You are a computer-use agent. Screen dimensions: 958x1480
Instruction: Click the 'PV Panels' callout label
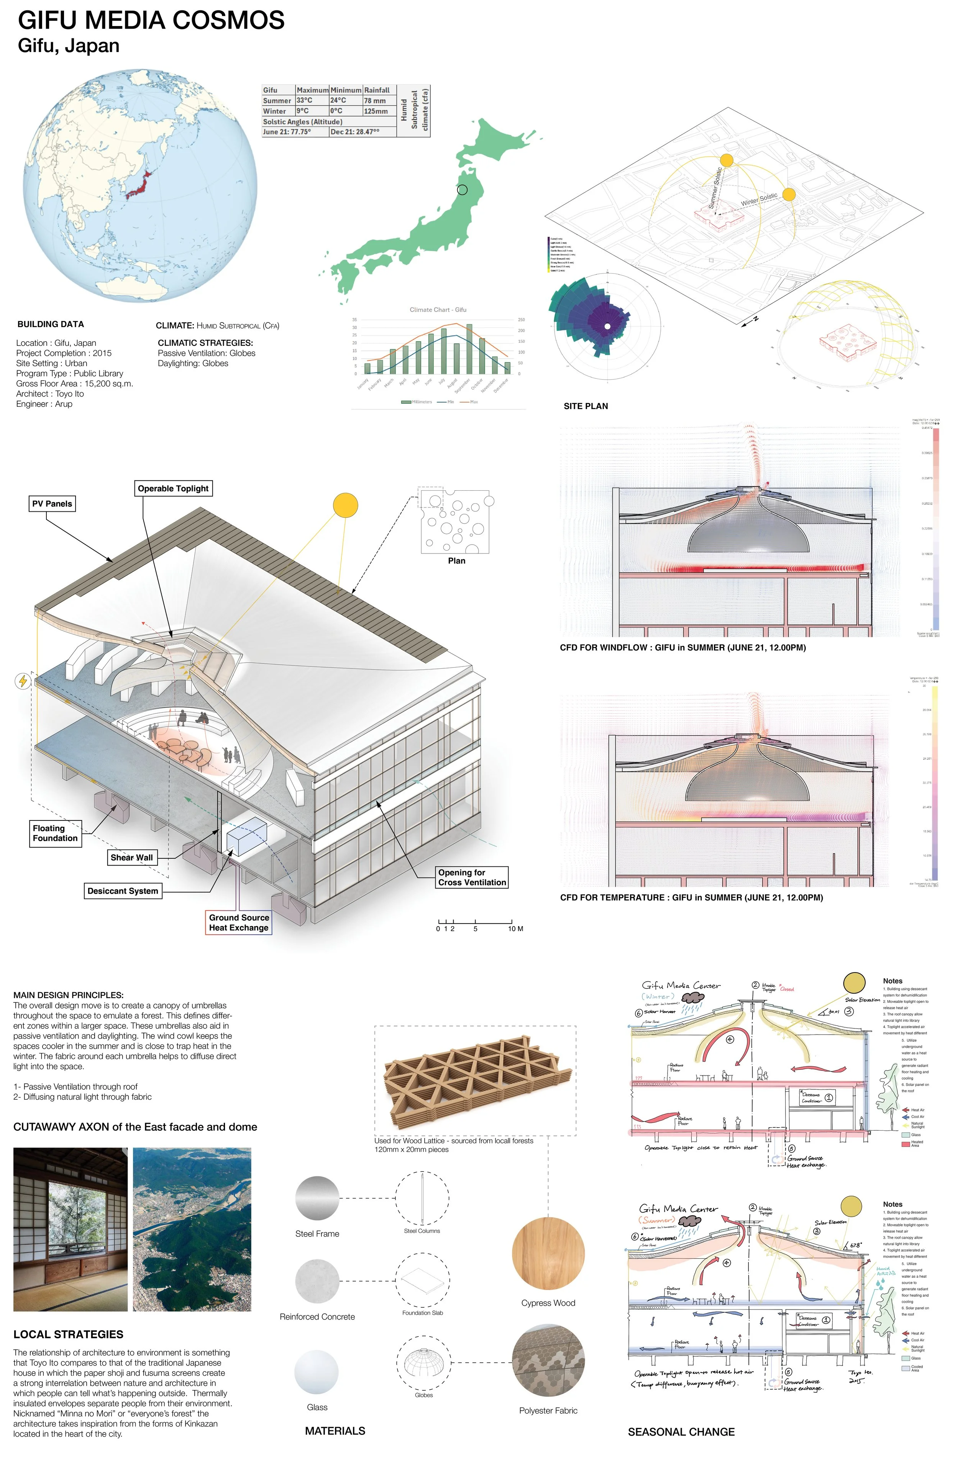(x=52, y=504)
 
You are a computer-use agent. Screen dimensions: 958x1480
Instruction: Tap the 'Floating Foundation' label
(x=55, y=833)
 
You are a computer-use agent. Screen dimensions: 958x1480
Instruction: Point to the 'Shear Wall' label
(x=131, y=858)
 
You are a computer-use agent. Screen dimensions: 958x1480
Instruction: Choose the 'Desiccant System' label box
(x=123, y=891)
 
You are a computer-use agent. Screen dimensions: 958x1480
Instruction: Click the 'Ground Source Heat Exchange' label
(x=239, y=923)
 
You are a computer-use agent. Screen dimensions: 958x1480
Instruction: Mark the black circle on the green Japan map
(x=462, y=190)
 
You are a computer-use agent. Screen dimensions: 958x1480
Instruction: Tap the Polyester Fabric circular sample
(x=548, y=1360)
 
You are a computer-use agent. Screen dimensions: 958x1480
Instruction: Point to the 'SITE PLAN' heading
(x=586, y=406)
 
